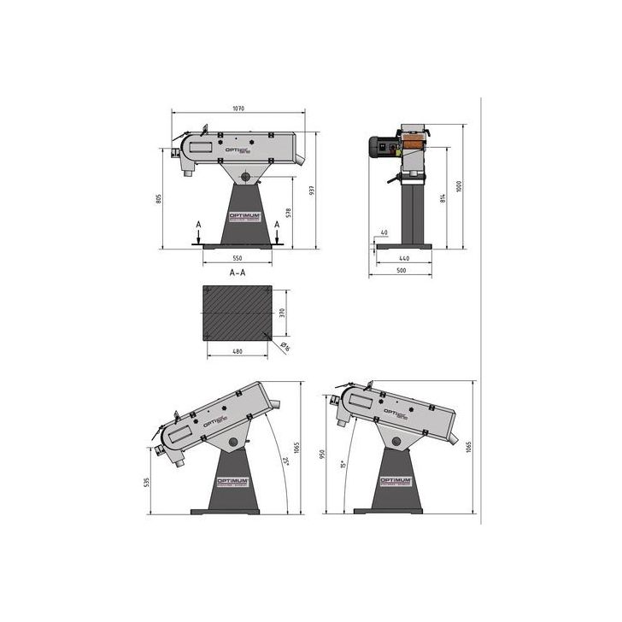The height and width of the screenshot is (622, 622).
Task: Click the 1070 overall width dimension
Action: [238, 109]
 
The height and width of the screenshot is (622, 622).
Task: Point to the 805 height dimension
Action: [159, 199]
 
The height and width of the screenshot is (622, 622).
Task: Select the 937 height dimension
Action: [314, 190]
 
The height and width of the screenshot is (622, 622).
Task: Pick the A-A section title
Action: [238, 273]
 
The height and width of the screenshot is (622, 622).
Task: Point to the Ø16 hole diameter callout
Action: [285, 346]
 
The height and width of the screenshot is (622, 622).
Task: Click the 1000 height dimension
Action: [459, 187]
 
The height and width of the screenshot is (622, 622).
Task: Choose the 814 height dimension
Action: [442, 199]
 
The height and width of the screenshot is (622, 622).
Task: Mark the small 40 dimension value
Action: [384, 232]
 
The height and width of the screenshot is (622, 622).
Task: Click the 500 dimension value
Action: [401, 271]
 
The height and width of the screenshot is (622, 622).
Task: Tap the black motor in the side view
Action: [381, 146]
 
